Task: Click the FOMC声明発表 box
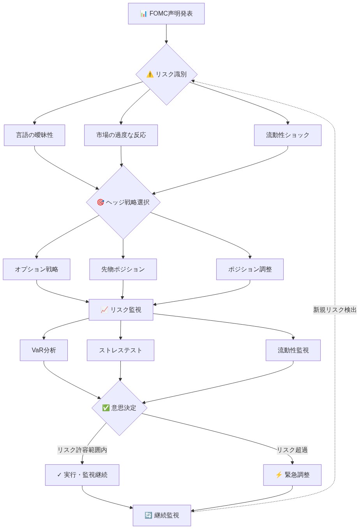(x=166, y=14)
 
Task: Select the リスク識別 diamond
(x=166, y=74)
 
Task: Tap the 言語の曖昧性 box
(x=34, y=135)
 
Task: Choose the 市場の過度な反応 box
(x=121, y=135)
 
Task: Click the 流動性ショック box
(x=288, y=135)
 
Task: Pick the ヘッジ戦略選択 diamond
(x=123, y=202)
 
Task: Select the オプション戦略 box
(x=37, y=269)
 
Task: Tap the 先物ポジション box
(x=123, y=269)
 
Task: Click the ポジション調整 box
(x=250, y=269)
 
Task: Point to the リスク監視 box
(x=121, y=310)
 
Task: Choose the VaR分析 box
(x=44, y=350)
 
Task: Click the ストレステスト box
(x=120, y=350)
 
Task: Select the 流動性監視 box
(x=293, y=350)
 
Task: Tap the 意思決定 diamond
(x=119, y=408)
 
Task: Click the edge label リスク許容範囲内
(x=82, y=450)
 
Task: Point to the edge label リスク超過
(x=292, y=450)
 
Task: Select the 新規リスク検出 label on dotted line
(x=335, y=310)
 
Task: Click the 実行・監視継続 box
(x=82, y=475)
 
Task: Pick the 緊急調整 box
(x=292, y=475)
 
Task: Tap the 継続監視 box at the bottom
(x=162, y=515)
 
